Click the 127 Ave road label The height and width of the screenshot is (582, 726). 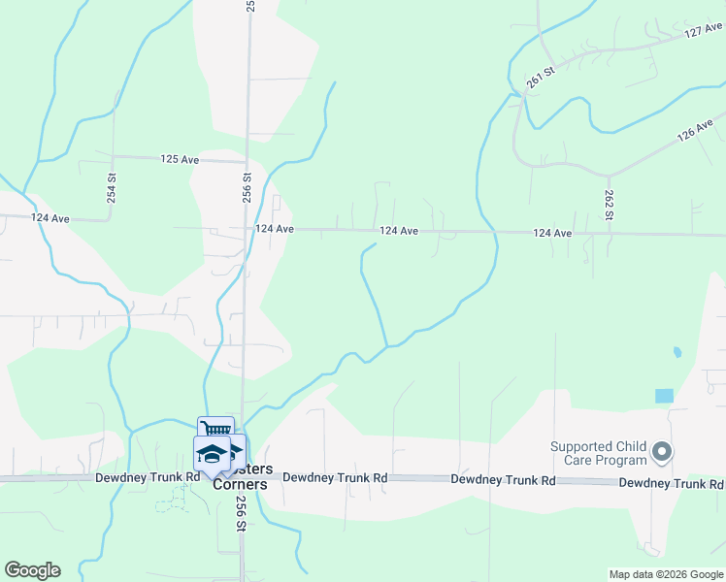[x=704, y=32]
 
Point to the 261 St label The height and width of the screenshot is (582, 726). [x=539, y=79]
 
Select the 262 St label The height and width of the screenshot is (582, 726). [x=609, y=205]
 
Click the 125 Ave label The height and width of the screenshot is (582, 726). [x=180, y=158]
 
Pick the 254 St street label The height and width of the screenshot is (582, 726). [x=112, y=187]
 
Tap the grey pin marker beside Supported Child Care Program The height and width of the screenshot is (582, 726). [x=663, y=452]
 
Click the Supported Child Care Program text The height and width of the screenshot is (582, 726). [x=599, y=453]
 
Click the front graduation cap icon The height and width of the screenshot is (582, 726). [x=211, y=453]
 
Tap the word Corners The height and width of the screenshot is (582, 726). [x=240, y=484]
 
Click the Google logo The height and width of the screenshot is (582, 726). [x=32, y=570]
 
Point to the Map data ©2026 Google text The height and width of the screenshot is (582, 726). [x=666, y=574]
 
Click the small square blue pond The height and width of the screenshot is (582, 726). [x=664, y=396]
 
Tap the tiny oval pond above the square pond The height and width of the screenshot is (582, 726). [x=676, y=352]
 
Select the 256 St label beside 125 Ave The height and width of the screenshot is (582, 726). [x=247, y=187]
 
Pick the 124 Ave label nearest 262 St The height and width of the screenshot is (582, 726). [x=552, y=233]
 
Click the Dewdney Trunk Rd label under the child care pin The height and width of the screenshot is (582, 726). [x=671, y=482]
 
